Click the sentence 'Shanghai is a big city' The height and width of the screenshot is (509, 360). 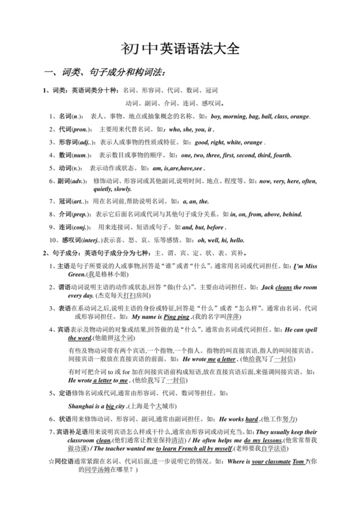tap(97, 389)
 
